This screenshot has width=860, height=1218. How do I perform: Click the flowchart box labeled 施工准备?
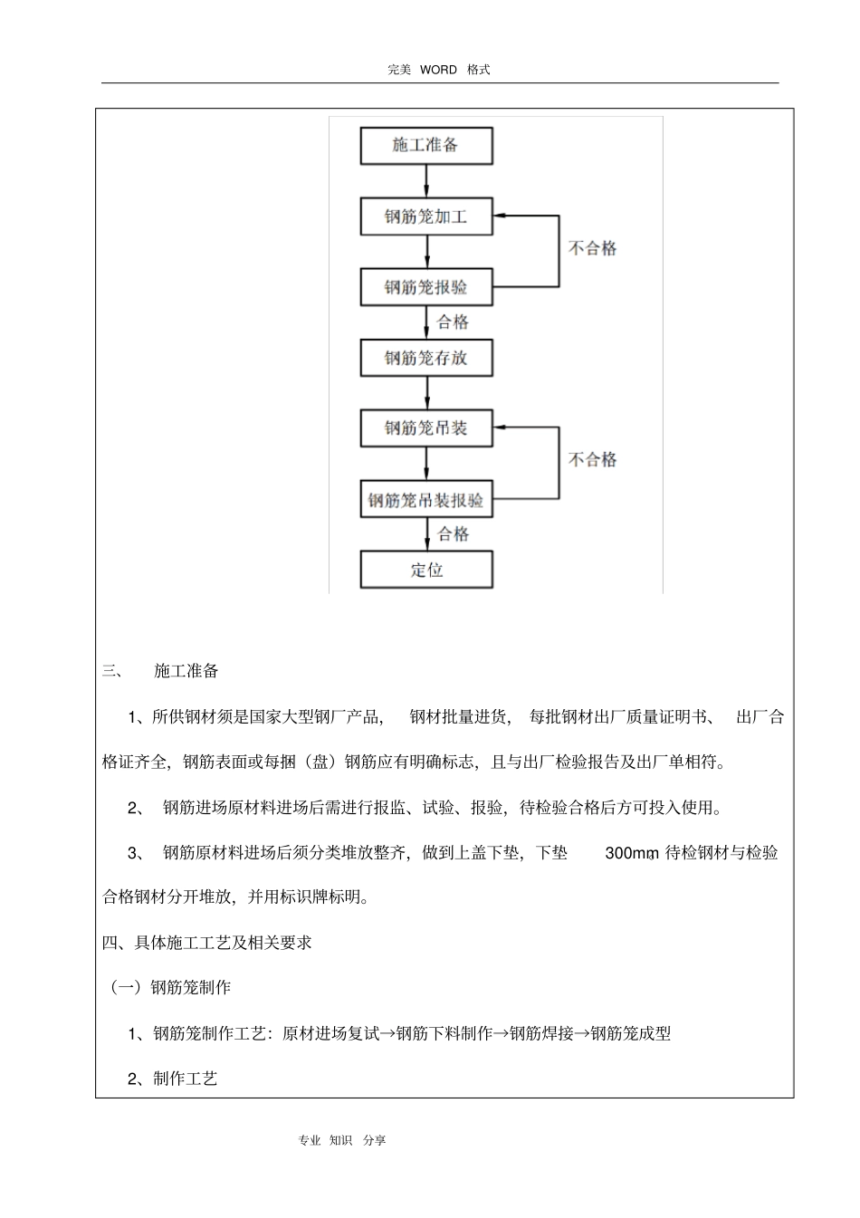tap(426, 146)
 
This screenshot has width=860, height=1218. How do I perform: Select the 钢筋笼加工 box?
tap(426, 217)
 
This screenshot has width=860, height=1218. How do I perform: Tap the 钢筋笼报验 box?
tap(426, 287)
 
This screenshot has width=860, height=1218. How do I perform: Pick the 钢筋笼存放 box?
tap(426, 358)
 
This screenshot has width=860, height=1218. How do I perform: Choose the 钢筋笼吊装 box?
tap(426, 428)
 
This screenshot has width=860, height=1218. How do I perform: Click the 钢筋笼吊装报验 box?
tap(426, 500)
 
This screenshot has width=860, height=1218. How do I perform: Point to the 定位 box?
tap(426, 571)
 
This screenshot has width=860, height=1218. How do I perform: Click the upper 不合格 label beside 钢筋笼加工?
tap(592, 248)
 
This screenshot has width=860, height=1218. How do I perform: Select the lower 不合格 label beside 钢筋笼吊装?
tap(592, 460)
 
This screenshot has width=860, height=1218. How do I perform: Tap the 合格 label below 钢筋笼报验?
tap(454, 322)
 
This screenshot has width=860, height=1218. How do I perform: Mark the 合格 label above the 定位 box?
tap(454, 534)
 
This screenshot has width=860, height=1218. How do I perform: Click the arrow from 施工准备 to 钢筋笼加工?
tap(426, 181)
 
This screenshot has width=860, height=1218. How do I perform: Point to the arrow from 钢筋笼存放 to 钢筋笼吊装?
tap(426, 393)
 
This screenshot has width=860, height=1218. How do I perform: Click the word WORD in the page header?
tap(438, 70)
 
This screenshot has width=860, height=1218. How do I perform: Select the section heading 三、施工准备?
tap(161, 671)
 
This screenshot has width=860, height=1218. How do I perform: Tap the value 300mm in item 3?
tap(631, 853)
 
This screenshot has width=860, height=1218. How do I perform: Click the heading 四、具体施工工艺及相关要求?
tap(207, 943)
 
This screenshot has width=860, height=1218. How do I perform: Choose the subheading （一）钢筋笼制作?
tap(171, 988)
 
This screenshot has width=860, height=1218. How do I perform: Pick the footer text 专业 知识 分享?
tap(341, 1141)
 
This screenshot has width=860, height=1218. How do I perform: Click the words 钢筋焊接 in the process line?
tap(541, 1033)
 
